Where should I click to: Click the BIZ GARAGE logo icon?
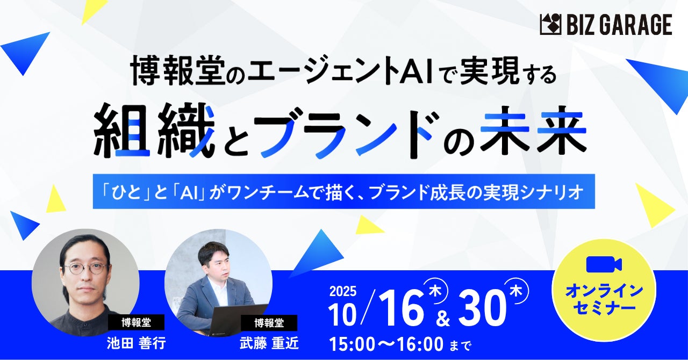(x=550, y=25)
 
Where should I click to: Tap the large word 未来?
(x=533, y=132)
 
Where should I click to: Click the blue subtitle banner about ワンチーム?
(x=343, y=191)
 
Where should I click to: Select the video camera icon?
(x=604, y=264)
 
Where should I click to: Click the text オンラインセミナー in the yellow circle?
(x=604, y=299)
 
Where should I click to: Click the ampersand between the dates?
(x=442, y=319)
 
